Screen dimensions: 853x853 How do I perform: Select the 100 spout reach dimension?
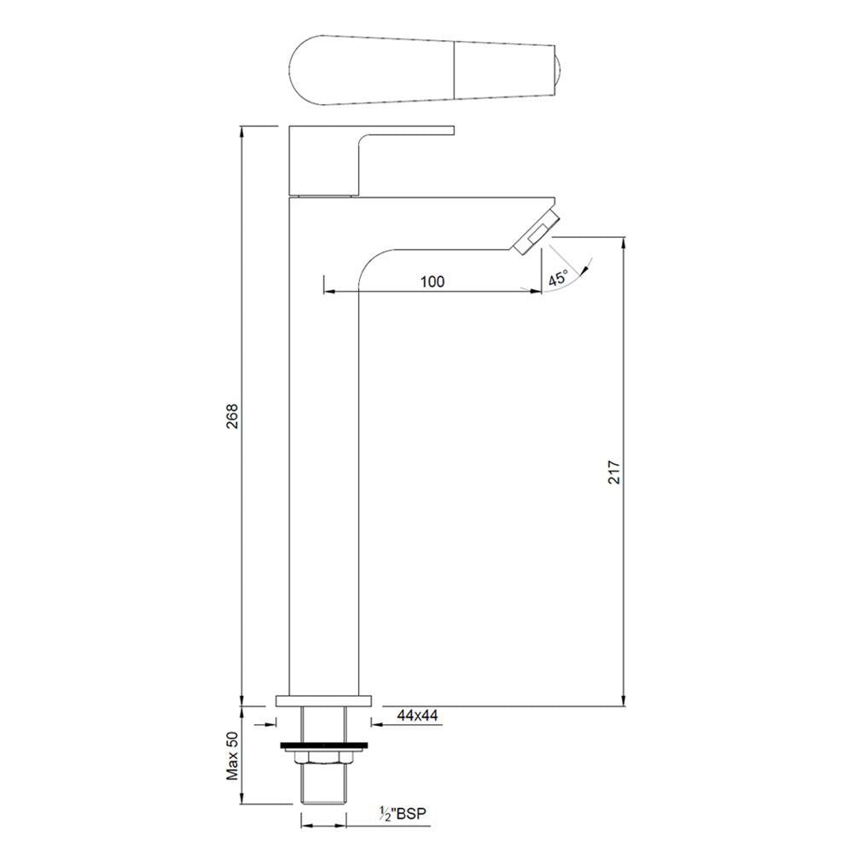click(x=432, y=282)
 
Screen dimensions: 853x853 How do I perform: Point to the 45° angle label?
click(x=558, y=278)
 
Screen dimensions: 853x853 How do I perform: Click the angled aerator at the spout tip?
click(x=536, y=229)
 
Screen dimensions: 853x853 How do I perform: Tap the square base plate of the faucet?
click(x=324, y=702)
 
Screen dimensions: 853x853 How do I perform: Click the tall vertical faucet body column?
click(x=324, y=469)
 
